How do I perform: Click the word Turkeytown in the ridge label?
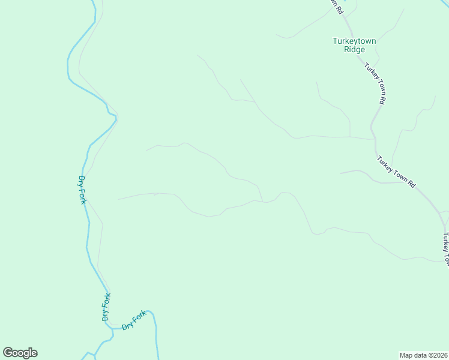click(354, 41)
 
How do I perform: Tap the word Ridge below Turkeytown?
click(354, 50)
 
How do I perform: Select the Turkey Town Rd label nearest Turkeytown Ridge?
click(375, 83)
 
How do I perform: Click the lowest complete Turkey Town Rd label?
click(396, 172)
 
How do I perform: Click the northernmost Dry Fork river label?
click(82, 190)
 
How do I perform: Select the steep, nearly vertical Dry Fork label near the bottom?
click(106, 308)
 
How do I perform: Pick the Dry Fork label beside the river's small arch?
click(134, 320)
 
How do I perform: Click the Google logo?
click(20, 353)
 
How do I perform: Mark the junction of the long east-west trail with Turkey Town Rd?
click(373, 139)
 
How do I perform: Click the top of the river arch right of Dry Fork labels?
click(150, 311)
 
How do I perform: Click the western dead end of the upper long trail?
click(146, 150)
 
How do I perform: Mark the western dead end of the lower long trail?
click(119, 199)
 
